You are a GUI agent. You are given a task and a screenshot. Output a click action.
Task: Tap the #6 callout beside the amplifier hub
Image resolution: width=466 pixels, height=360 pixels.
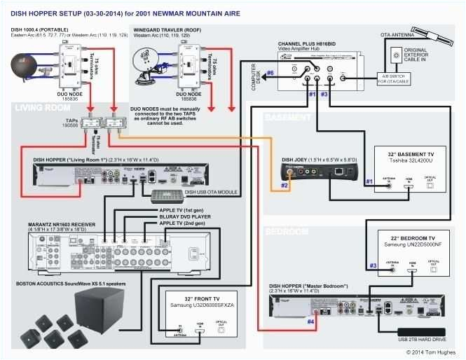pos(270,73)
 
